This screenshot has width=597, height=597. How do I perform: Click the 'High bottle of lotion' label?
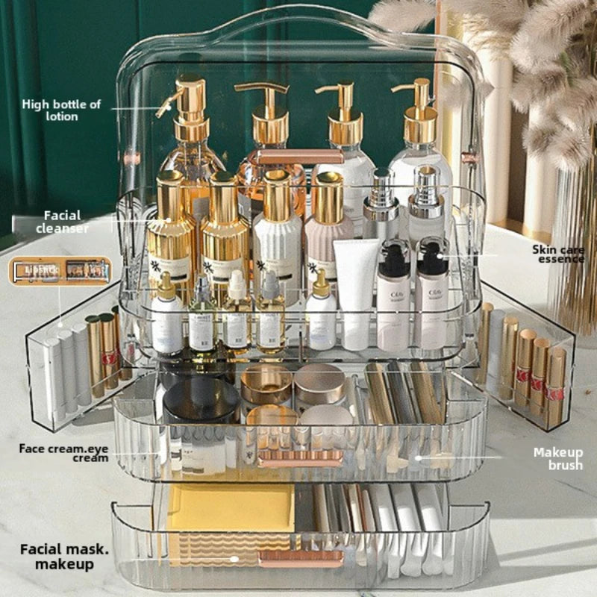coord(61,110)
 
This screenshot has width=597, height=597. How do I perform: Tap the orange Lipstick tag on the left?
coord(60,270)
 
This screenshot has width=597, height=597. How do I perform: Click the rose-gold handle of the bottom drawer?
coord(301,557)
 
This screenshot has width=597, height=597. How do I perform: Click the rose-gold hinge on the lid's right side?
coord(469,158)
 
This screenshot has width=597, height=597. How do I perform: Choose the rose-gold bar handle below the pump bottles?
coord(296,157)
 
